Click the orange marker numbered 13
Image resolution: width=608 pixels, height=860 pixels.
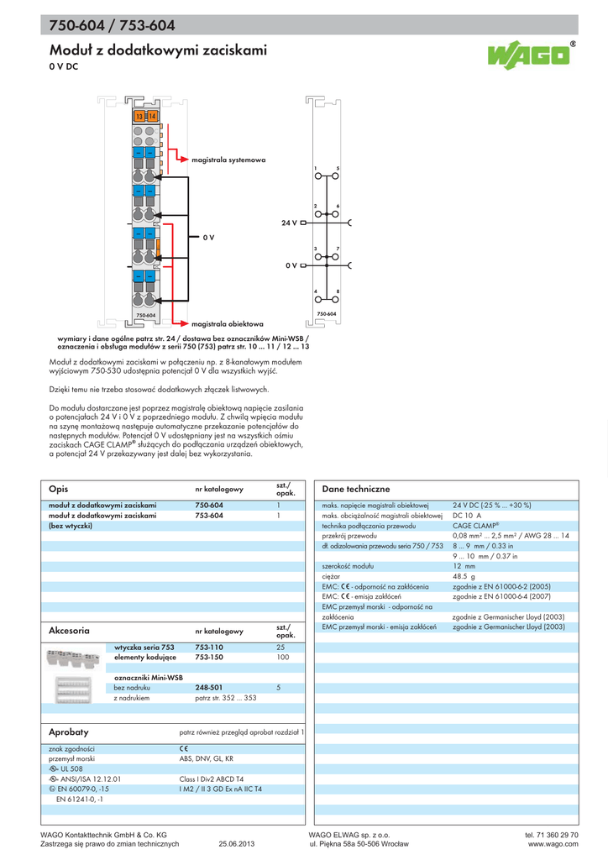(x=140, y=116)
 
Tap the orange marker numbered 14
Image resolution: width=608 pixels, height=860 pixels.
(x=152, y=116)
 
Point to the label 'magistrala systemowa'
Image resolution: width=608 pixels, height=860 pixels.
(x=228, y=159)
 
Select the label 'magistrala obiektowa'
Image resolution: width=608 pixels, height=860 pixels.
(x=228, y=323)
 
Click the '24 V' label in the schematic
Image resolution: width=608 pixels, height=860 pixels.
(x=290, y=224)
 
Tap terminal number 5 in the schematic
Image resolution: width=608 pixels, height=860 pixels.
(x=338, y=168)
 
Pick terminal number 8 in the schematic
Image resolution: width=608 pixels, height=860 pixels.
(x=338, y=291)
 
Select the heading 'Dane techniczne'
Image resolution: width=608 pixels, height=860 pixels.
(x=356, y=489)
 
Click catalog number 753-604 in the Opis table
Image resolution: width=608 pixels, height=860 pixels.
(x=208, y=515)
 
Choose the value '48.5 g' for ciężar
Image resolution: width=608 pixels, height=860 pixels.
(x=464, y=577)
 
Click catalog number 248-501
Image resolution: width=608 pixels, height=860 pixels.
(x=208, y=687)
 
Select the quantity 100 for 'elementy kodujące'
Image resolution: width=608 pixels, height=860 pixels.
(x=282, y=658)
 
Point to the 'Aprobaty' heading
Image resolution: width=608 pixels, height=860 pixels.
(x=69, y=732)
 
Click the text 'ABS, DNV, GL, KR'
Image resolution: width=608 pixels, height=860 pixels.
(x=206, y=758)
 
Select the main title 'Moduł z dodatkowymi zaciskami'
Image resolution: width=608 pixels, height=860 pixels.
(x=158, y=51)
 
